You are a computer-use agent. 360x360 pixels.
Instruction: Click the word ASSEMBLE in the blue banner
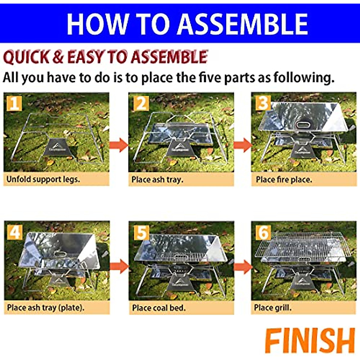click(242, 24)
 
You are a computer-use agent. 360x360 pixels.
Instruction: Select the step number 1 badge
click(14, 103)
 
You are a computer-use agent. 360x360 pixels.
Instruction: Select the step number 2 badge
click(141, 103)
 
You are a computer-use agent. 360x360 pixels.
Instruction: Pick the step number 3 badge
click(263, 103)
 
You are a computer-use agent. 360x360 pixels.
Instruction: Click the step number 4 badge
click(15, 232)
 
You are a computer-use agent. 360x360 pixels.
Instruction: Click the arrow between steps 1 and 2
click(119, 145)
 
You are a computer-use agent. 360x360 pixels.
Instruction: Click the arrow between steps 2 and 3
click(243, 145)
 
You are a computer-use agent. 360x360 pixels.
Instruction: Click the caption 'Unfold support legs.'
click(43, 179)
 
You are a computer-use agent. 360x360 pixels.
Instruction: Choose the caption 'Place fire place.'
click(284, 179)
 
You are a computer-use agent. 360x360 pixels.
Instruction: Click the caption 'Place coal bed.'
click(159, 308)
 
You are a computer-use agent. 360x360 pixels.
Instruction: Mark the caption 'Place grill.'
click(272, 308)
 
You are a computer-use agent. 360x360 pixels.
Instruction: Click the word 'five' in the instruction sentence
click(211, 77)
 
